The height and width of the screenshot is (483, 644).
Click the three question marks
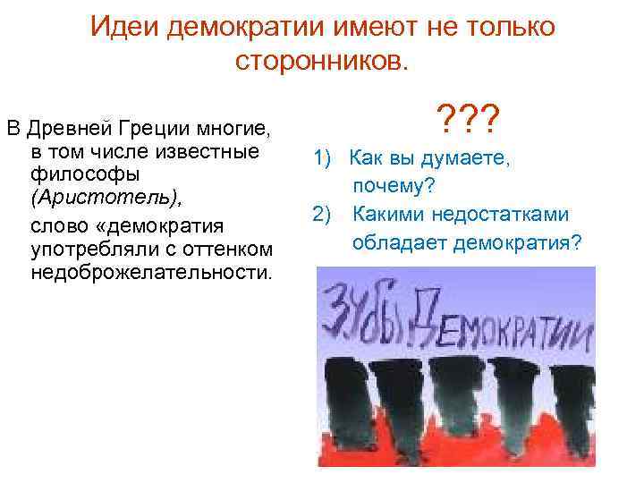[468, 114]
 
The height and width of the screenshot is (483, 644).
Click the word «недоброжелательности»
[150, 270]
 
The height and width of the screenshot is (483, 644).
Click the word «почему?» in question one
[394, 186]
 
